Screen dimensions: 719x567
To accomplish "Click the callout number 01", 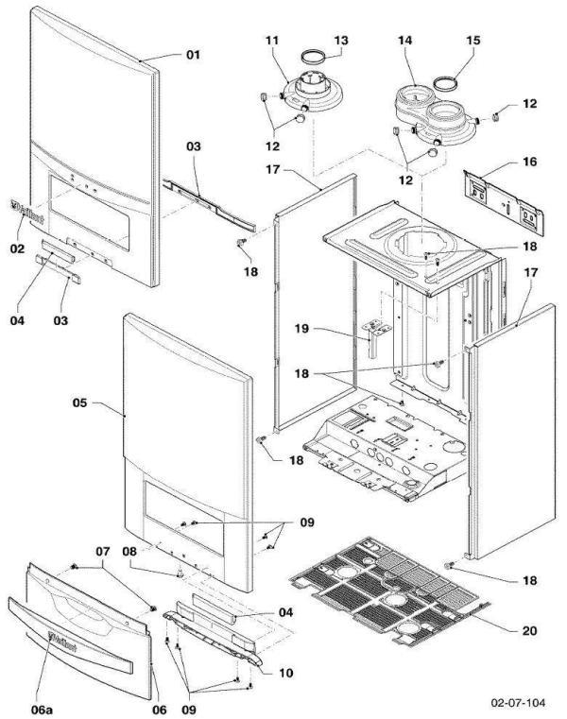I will (193, 55).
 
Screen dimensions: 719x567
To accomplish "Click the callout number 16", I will (529, 163).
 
